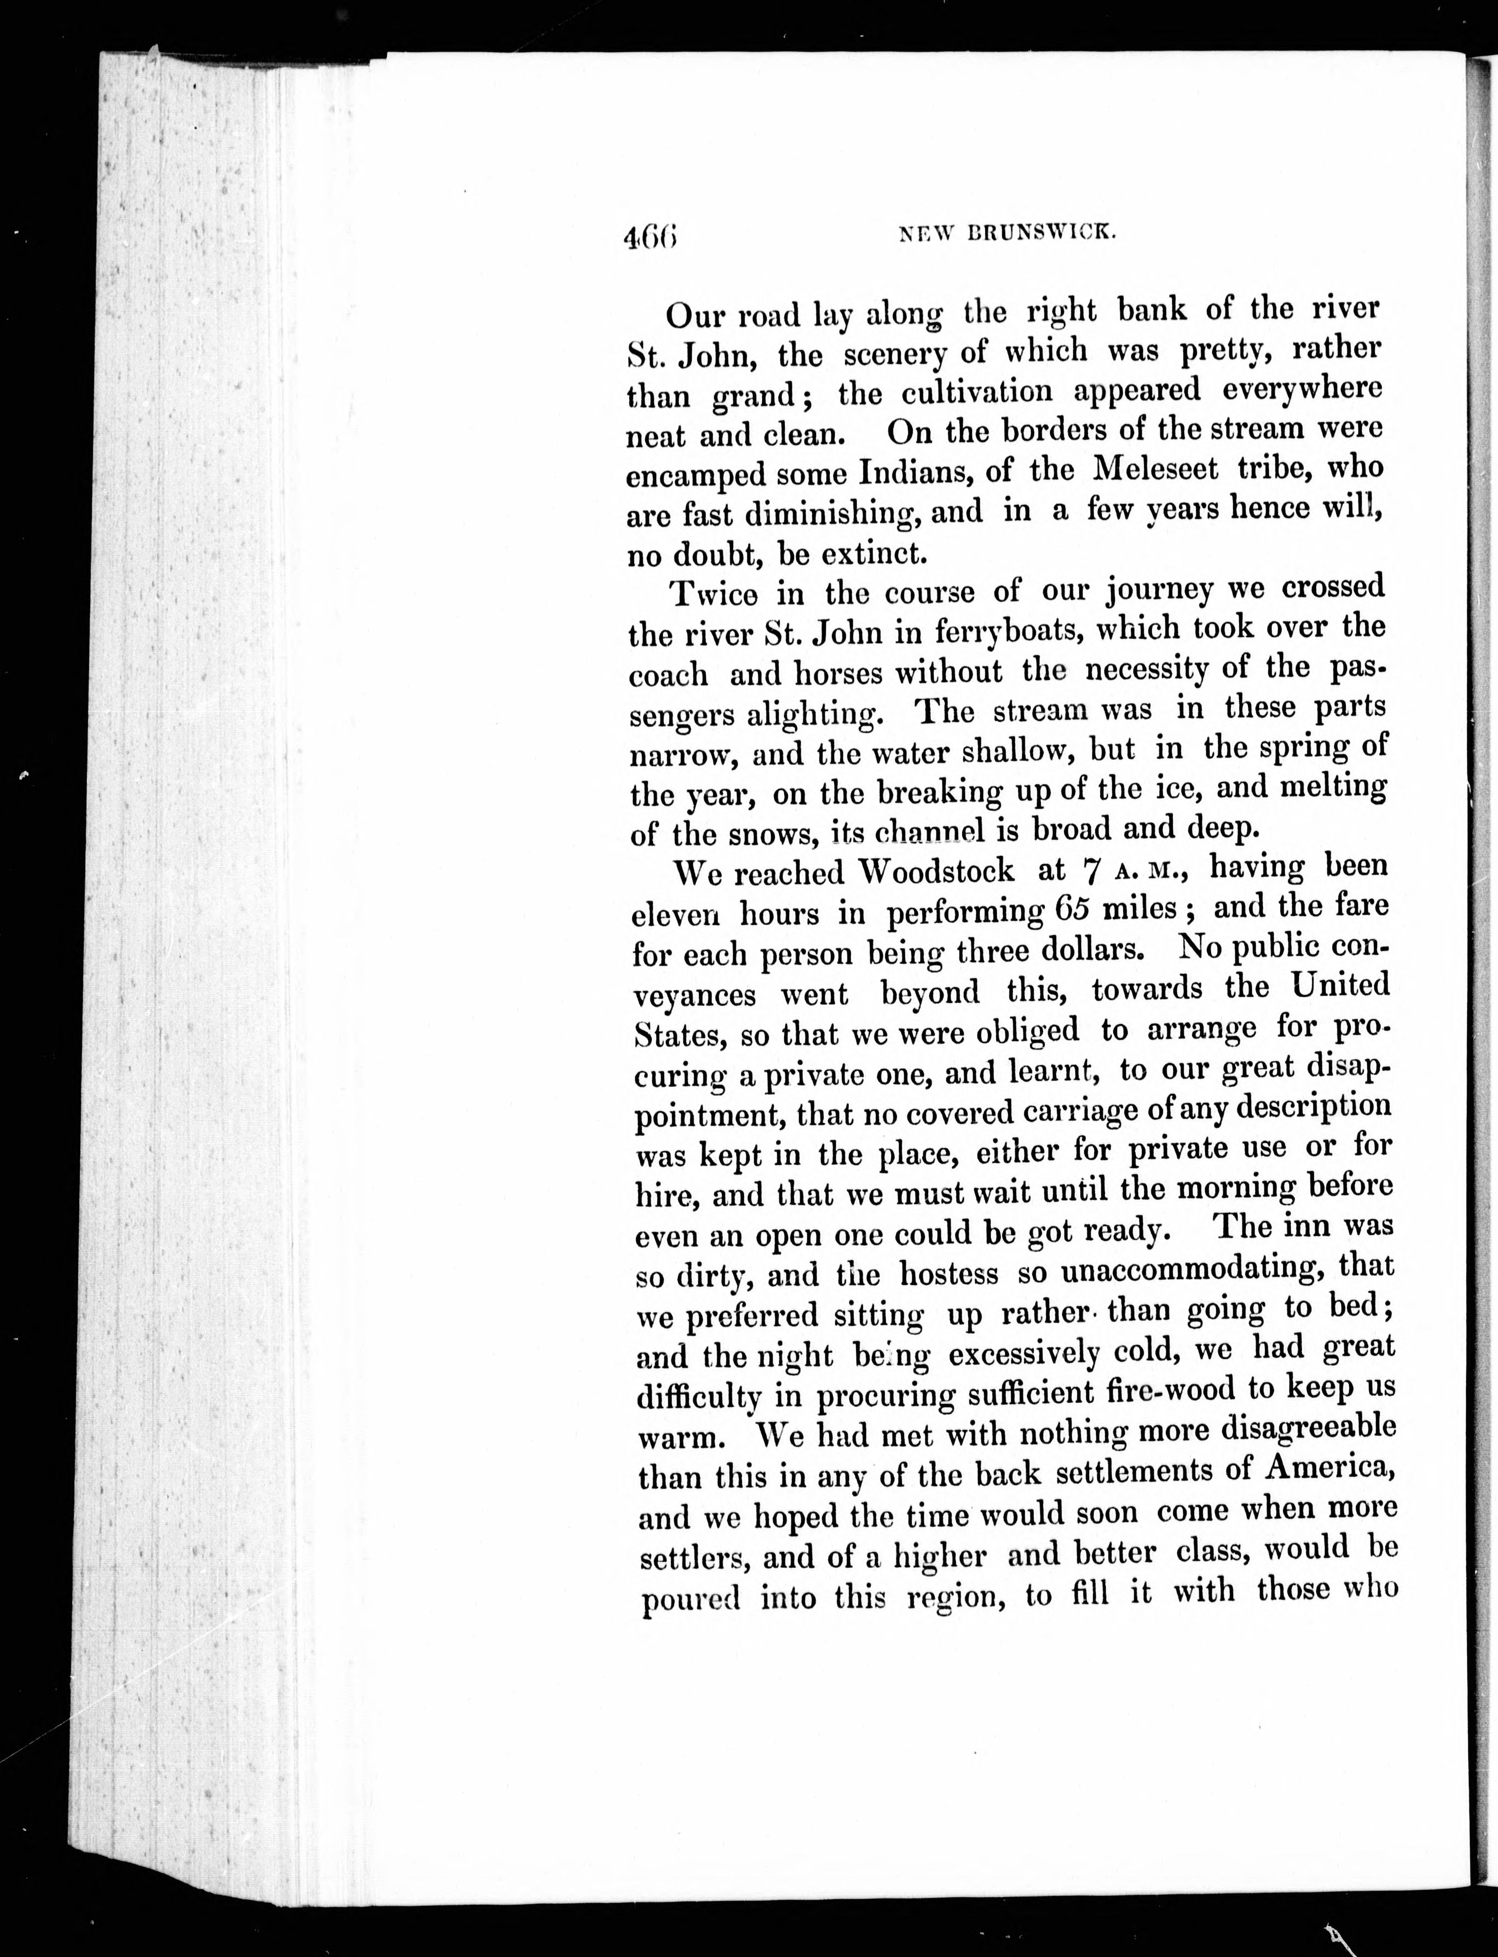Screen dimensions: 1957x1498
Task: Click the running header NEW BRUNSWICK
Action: (1008, 233)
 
